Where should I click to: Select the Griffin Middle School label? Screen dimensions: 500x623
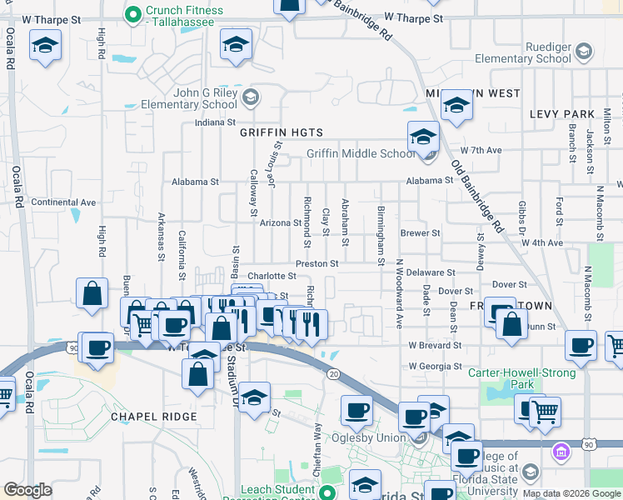[360, 153]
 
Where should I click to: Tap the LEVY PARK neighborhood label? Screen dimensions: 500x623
[561, 114]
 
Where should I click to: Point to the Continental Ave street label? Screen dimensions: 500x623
[63, 202]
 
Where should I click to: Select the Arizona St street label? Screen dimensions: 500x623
[280, 222]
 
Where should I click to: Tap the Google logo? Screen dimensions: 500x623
[27, 490]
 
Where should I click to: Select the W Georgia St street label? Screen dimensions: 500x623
[435, 367]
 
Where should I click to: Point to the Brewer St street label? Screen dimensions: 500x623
[420, 233]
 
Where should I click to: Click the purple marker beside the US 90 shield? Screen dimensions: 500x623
[561, 452]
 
